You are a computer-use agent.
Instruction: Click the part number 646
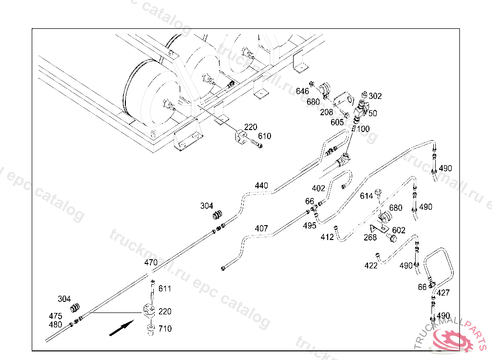pos(302,91)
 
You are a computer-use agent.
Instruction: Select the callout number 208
pos(326,112)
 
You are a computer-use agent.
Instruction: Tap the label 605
pos(337,122)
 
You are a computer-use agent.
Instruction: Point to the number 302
pos(375,96)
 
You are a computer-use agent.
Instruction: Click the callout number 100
pos(363,129)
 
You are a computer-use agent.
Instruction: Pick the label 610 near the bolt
pos(264,136)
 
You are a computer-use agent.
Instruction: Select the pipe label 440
pos(261,185)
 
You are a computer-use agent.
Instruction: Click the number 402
pos(319,189)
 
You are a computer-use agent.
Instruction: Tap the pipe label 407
pos(261,228)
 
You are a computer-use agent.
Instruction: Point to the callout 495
pos(310,226)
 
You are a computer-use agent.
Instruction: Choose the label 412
pos(327,237)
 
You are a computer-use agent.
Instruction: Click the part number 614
pos(367,196)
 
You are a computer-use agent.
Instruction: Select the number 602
pos(399,230)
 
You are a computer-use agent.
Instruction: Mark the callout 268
pos(370,237)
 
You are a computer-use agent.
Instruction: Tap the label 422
pos(371,265)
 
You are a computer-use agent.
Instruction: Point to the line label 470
pos(151,263)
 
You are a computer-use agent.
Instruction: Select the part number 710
pos(165,329)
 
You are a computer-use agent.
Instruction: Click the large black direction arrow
pos(121,329)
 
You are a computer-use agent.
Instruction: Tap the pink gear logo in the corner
pos(453,338)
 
